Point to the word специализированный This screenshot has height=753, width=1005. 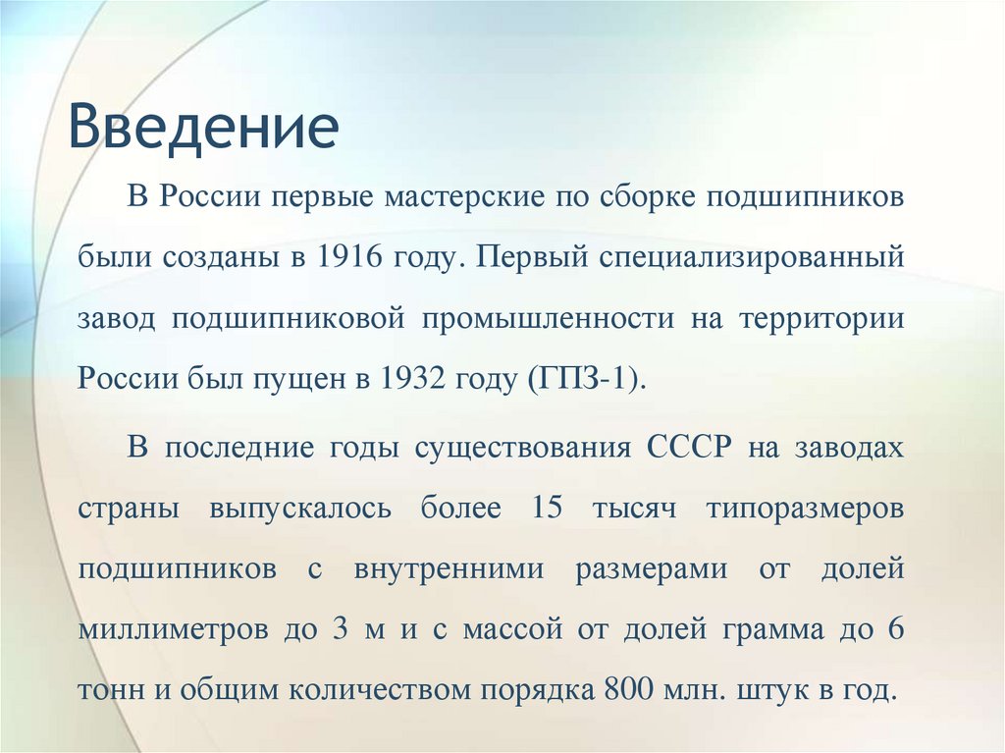[x=747, y=258]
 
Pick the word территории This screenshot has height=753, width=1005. [x=820, y=319]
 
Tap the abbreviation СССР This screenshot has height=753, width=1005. [x=689, y=449]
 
